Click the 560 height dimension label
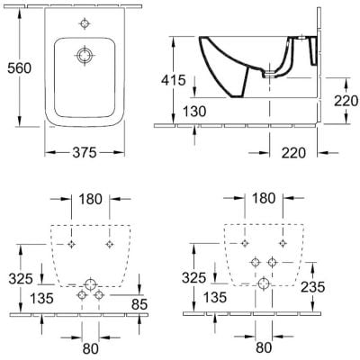point(19,68)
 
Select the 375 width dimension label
point(85,153)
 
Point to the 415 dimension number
point(174,80)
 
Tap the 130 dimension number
point(194,112)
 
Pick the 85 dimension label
point(139,305)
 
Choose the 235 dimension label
point(313,287)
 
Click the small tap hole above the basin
point(85,23)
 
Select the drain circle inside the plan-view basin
point(85,56)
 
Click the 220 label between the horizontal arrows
point(293,153)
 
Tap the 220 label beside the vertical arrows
point(346,101)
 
